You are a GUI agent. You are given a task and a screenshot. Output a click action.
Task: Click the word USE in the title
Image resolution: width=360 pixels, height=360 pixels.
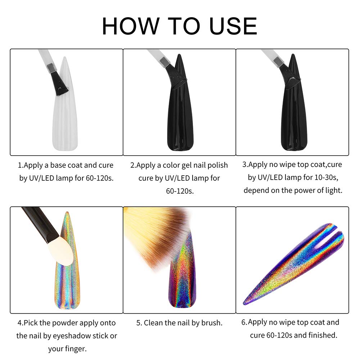point(233,26)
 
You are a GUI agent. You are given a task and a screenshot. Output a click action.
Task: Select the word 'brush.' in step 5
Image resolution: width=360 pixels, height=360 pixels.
point(212,323)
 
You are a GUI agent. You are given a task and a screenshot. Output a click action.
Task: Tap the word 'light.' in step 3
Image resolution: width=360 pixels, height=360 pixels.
point(334,190)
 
